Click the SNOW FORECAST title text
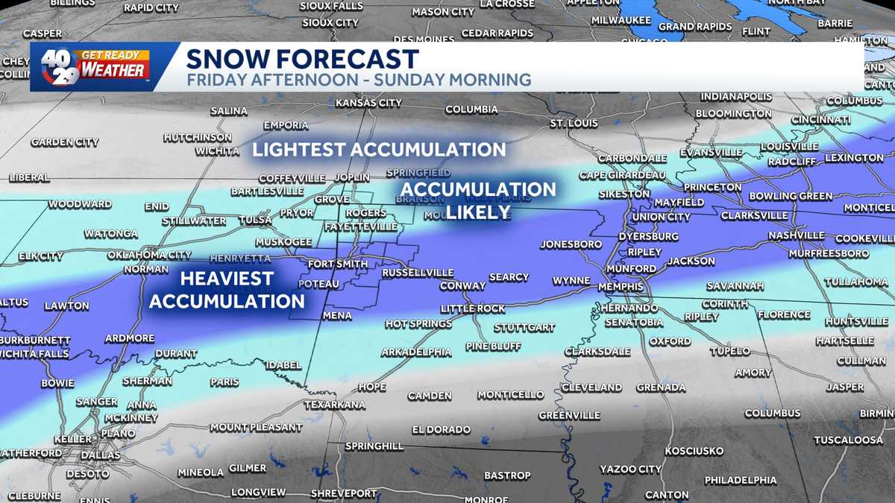point(302,59)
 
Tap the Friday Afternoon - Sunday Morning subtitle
point(359,80)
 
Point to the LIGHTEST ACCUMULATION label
point(379,150)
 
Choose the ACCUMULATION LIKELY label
point(478,200)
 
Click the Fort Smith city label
point(337,264)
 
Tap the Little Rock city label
point(472,309)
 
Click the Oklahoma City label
point(149,255)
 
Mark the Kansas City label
point(369,102)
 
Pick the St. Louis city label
point(574,123)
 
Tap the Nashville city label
point(797,235)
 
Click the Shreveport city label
point(344,493)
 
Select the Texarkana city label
point(335,405)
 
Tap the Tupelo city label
point(729,350)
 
